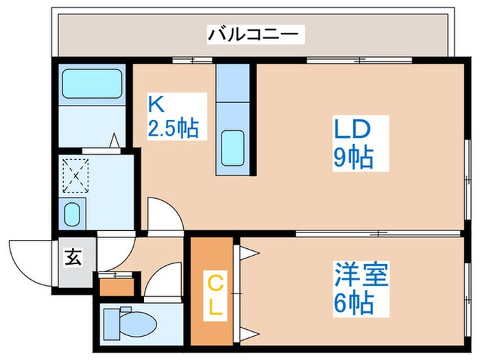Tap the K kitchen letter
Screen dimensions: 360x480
pos(156,105)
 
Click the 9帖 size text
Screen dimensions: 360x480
pos(353,158)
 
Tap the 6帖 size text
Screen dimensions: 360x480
pos(362,301)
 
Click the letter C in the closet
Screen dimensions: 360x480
pos(215,280)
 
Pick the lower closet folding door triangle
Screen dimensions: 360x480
pos(247,334)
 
